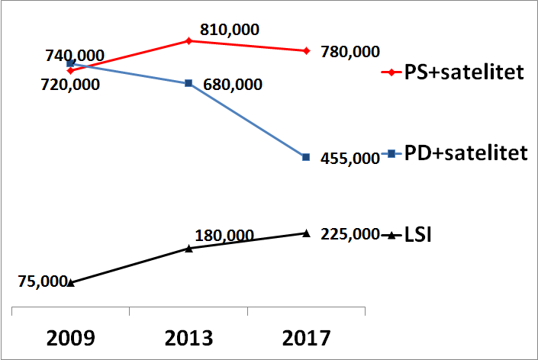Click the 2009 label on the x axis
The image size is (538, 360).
tap(70, 337)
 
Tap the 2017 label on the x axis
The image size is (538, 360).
tap(306, 337)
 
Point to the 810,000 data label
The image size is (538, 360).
tap(230, 31)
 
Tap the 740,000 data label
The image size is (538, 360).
tap(75, 55)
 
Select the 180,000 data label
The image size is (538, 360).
tap(224, 236)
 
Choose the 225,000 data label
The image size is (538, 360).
tap(350, 233)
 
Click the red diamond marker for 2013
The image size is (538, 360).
tap(188, 40)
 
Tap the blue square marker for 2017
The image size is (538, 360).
tap(306, 157)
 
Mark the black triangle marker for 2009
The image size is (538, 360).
tap(70, 282)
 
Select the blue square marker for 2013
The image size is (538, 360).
tap(188, 82)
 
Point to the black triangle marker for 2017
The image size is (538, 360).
tap(306, 233)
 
